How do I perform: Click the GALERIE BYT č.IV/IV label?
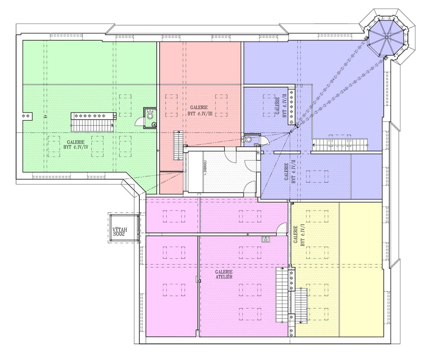(76, 145)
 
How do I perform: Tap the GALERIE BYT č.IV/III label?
(200, 110)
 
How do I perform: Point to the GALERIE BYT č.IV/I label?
(299, 236)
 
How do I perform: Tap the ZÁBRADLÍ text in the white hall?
(205, 167)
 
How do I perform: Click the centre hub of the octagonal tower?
(387, 37)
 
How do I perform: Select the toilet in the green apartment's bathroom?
(150, 114)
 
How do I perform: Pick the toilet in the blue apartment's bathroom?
(248, 139)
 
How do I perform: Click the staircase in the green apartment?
(92, 126)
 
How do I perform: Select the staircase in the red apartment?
(178, 145)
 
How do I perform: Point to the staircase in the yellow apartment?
(301, 306)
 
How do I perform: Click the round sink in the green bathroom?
(154, 124)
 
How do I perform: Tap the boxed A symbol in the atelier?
(266, 239)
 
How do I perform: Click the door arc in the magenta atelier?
(281, 228)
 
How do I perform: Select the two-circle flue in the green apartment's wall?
(27, 116)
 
